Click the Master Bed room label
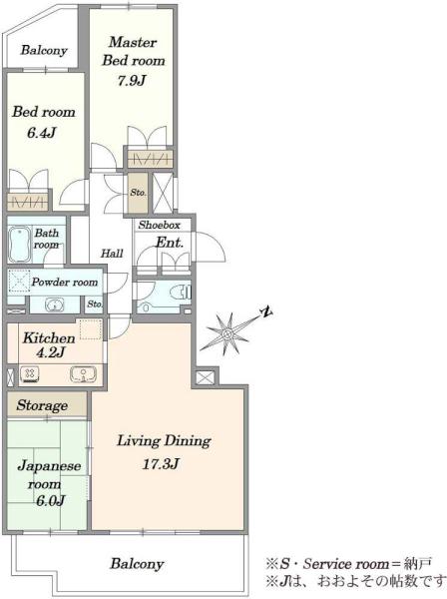(134, 51)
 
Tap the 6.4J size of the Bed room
(42, 133)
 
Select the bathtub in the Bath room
(20, 245)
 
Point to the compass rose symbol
(227, 333)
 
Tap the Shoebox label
(160, 225)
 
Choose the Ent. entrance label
(170, 243)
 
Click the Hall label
(112, 253)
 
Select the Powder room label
(65, 282)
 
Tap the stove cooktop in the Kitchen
(30, 373)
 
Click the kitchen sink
(83, 373)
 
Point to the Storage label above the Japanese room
(42, 405)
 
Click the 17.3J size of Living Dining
(161, 464)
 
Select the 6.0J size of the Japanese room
(51, 500)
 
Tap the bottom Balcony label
(137, 564)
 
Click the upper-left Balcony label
(44, 50)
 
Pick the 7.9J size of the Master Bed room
(132, 81)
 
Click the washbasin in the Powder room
(55, 304)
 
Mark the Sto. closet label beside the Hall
(138, 192)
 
